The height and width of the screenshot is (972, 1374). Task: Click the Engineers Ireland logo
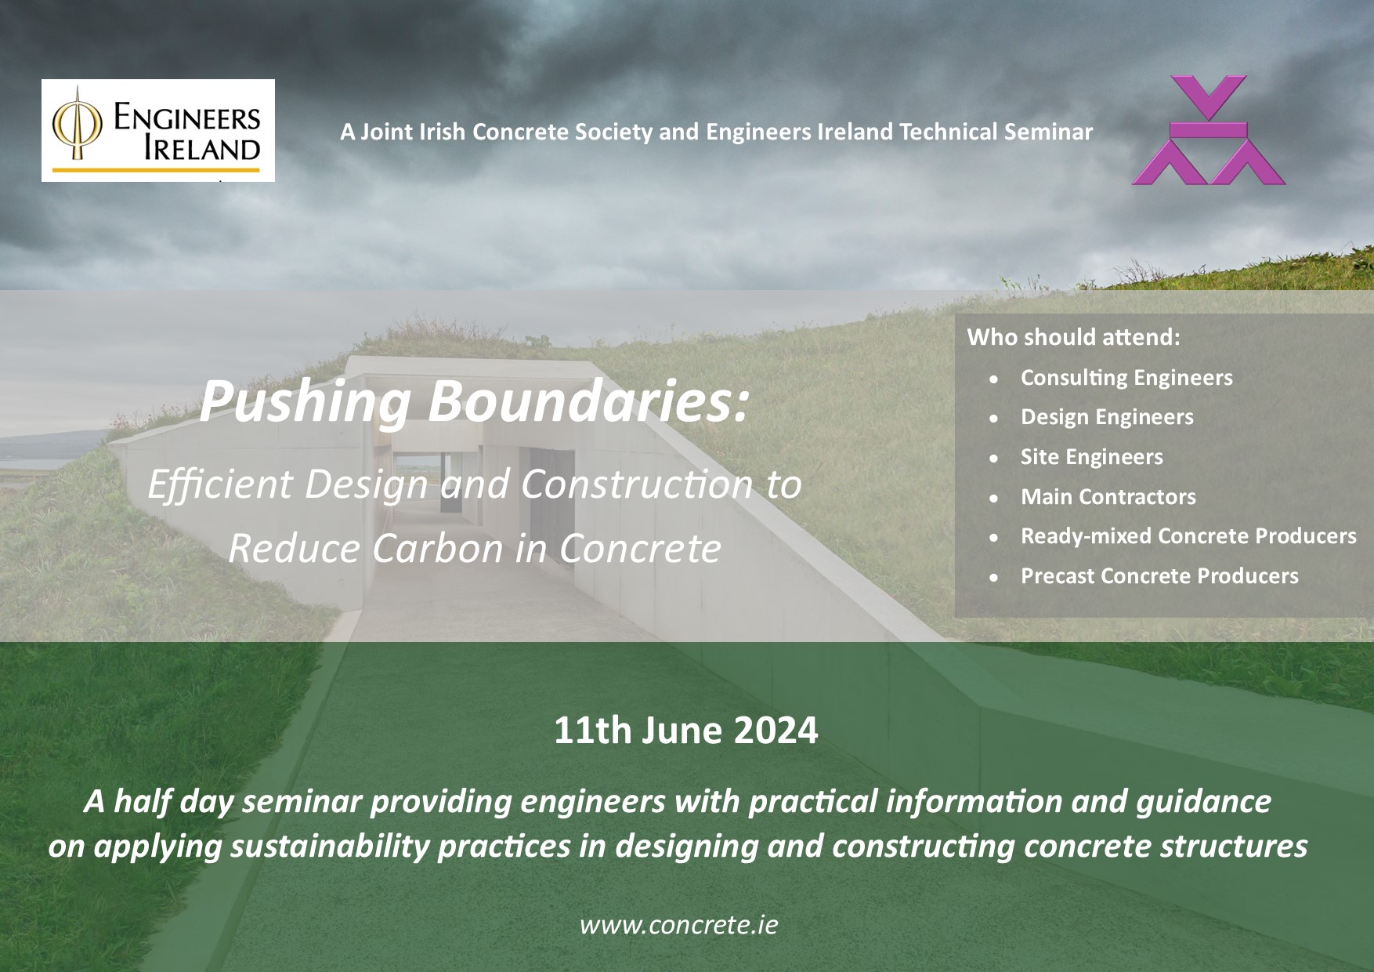(158, 130)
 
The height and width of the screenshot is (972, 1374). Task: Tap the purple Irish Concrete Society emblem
(1208, 130)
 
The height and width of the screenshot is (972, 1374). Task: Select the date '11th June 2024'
(686, 730)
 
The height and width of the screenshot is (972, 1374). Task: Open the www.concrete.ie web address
(679, 925)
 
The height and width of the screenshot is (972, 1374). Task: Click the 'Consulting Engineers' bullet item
(1126, 378)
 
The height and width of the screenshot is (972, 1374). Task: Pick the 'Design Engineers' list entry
(1107, 417)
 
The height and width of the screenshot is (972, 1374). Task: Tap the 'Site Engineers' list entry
(1092, 457)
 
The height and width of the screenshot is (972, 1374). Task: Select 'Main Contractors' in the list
(1108, 496)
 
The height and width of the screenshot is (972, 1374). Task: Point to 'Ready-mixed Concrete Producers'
(1188, 536)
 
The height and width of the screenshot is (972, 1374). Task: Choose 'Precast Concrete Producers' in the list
(1159, 576)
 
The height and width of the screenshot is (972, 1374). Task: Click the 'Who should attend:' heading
(1074, 337)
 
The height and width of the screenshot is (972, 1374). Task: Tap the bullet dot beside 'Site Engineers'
(994, 458)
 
